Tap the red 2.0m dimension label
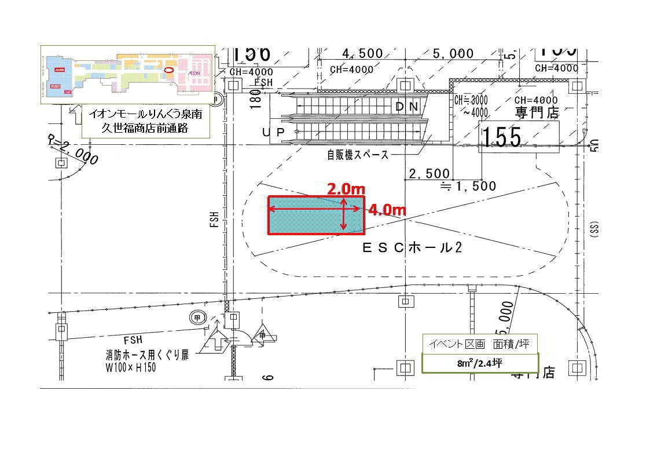tap(346, 189)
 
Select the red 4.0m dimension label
tap(387, 209)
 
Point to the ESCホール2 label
tap(412, 247)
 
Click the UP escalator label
tap(274, 133)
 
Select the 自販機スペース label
tap(358, 155)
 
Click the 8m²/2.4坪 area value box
tap(479, 363)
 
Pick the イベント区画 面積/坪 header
tap(479, 344)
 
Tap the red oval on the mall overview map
tap(169, 70)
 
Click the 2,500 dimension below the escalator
tap(429, 173)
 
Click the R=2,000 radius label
tap(73, 149)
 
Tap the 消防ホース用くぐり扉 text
tap(146, 355)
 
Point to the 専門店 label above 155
tap(538, 112)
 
